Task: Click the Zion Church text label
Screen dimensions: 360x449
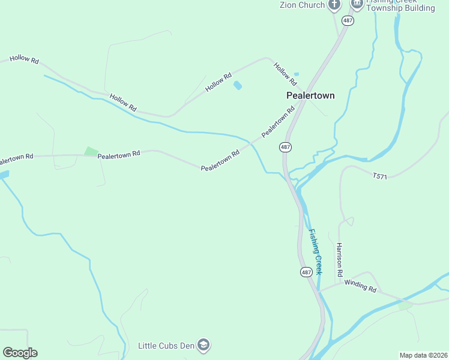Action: tap(302, 5)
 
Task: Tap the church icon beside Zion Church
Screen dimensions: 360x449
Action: tap(334, 5)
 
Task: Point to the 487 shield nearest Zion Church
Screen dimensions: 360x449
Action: tap(348, 20)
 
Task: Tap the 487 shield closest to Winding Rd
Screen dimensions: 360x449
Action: tap(306, 272)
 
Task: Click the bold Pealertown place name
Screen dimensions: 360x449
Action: tap(310, 95)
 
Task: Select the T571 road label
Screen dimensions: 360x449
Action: tap(381, 176)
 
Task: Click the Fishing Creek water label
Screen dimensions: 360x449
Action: tap(316, 252)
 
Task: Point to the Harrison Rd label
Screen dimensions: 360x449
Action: tap(339, 260)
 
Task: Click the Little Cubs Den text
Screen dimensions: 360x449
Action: tap(166, 346)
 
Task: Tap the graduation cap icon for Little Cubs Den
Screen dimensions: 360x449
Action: tap(204, 345)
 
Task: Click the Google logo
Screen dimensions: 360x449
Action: tap(20, 353)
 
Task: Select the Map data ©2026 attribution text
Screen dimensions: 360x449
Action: tap(423, 355)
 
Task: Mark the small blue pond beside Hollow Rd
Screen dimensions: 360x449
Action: tap(238, 85)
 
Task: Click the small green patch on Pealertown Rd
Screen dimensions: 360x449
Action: tap(91, 151)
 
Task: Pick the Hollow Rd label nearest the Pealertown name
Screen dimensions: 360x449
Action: tap(286, 73)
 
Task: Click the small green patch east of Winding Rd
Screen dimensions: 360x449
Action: tap(406, 305)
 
